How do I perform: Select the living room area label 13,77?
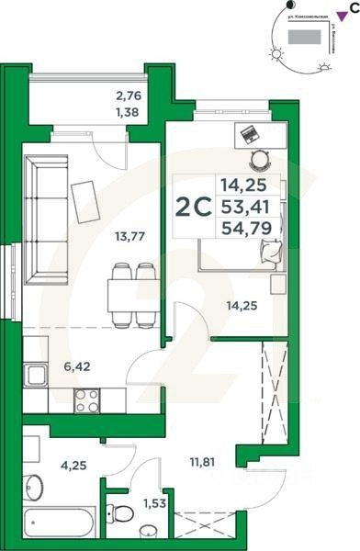[130, 236]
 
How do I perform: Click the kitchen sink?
[38, 375]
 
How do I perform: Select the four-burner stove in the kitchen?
[88, 399]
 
